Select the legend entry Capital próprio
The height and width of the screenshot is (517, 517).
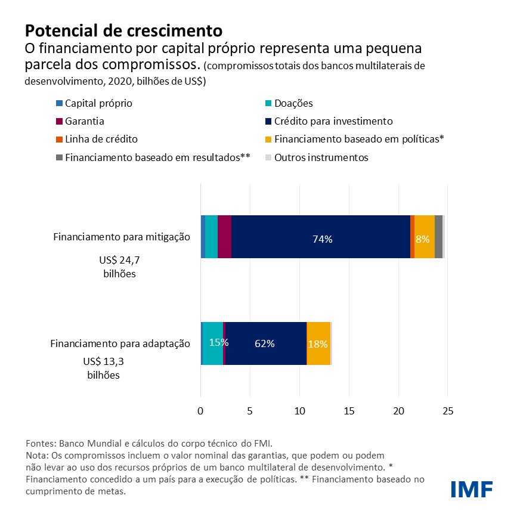[98, 103]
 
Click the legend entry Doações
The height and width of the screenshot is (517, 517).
[293, 103]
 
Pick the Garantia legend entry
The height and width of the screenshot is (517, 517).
[84, 121]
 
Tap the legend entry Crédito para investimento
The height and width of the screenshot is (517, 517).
[333, 121]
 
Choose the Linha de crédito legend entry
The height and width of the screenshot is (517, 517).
[101, 139]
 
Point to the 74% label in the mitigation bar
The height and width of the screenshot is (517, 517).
[322, 239]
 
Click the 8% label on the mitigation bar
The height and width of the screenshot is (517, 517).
[422, 239]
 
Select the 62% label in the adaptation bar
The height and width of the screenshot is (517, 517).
[264, 343]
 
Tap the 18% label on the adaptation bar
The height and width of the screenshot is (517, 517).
[317, 344]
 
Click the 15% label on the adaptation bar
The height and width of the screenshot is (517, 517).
[218, 342]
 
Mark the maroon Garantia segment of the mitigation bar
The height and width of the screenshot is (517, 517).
[224, 237]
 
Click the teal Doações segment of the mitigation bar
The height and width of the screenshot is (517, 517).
[211, 237]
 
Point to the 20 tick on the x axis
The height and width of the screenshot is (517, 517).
[399, 411]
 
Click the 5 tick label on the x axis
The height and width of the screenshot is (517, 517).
[250, 411]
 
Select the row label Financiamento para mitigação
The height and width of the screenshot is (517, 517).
[122, 237]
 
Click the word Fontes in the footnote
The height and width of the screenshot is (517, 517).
[40, 444]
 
